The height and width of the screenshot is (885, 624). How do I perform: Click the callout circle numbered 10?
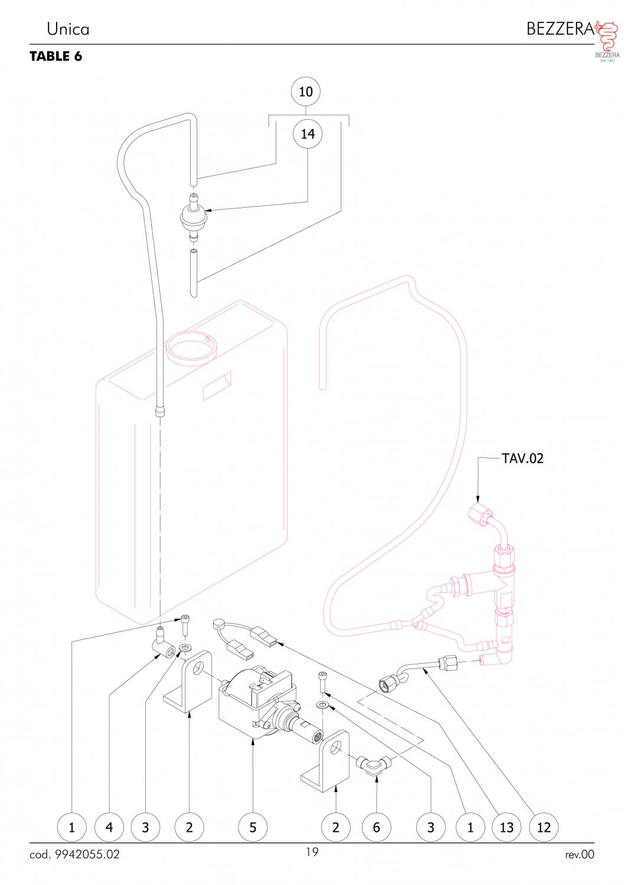point(306,91)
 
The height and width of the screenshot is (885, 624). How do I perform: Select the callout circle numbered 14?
point(308,134)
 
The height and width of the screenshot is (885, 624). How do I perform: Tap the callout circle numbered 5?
point(253,827)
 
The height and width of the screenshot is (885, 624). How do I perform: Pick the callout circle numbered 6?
point(377,827)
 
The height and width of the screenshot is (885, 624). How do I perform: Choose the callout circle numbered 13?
point(507,827)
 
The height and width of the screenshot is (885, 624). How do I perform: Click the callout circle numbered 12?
point(544,827)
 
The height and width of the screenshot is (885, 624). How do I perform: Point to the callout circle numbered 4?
point(109,827)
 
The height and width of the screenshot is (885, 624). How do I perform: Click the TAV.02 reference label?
point(522,458)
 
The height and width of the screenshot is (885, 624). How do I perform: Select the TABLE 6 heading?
point(55,57)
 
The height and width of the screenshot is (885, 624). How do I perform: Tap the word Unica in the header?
point(68,29)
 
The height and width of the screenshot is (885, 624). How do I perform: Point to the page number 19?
point(312,852)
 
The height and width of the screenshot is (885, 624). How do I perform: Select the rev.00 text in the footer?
point(579,854)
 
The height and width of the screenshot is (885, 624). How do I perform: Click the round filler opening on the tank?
point(192,348)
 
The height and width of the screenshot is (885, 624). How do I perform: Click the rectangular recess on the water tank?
point(217,386)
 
